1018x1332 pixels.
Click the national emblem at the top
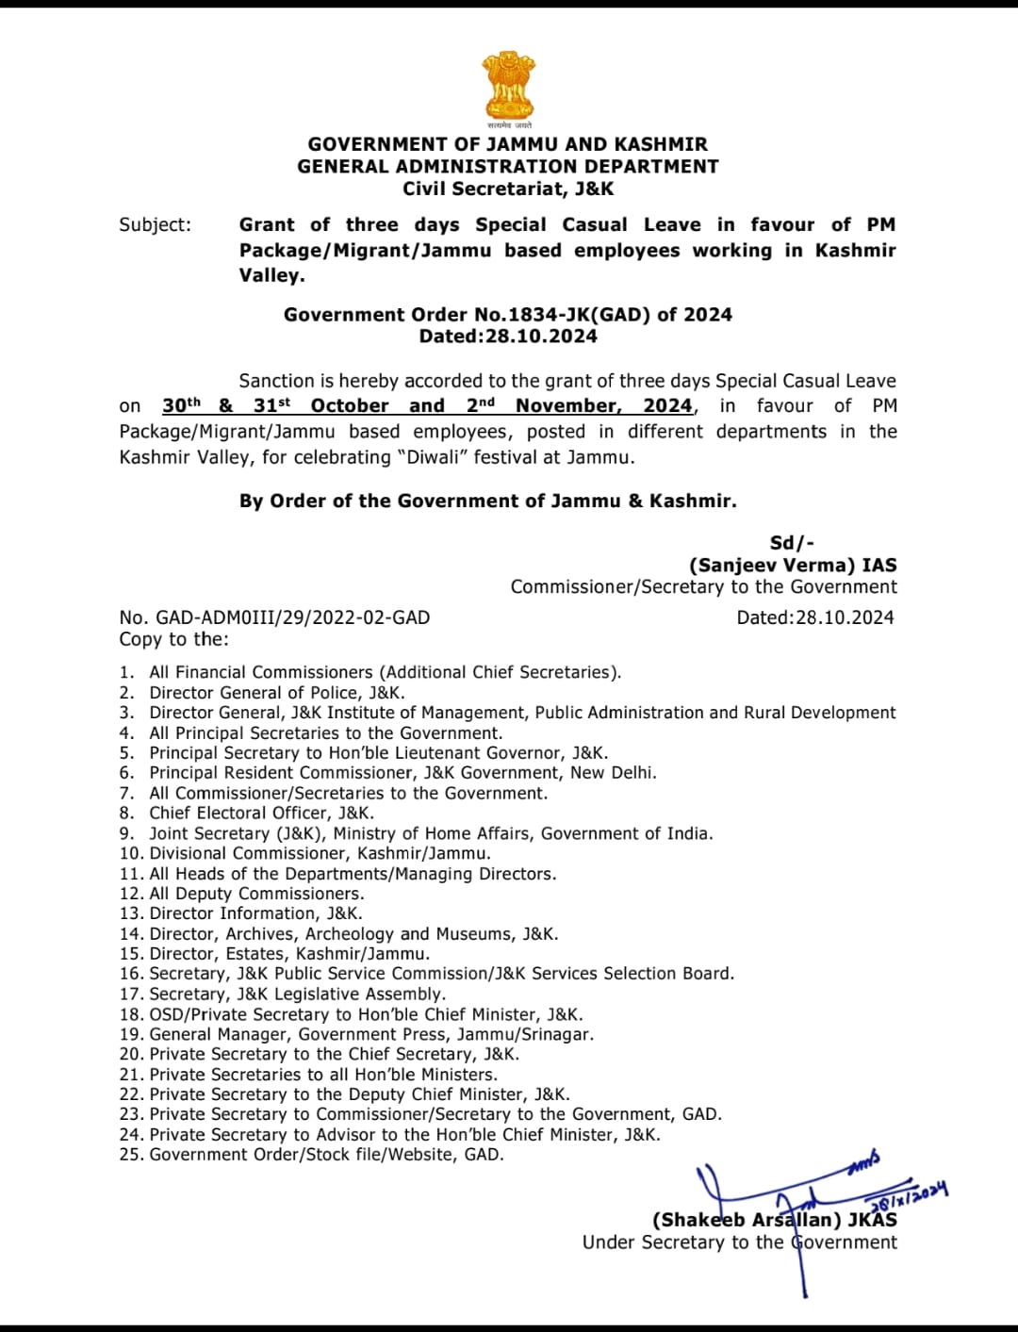509,85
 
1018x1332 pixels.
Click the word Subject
155,224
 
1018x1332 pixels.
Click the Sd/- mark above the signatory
792,543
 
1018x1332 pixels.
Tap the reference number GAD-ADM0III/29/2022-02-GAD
292,617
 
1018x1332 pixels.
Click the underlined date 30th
182,405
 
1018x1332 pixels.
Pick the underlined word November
567,405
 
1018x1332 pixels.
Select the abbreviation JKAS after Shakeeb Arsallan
872,1220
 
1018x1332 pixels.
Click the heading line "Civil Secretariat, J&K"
508,189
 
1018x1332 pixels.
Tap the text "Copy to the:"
173,639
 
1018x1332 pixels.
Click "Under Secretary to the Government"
740,1242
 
